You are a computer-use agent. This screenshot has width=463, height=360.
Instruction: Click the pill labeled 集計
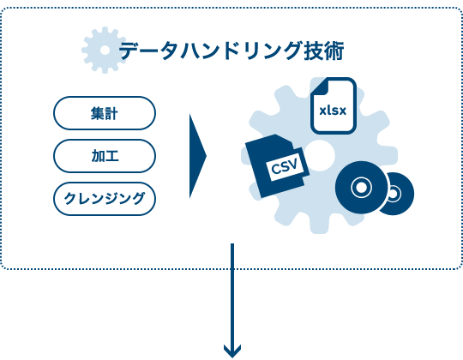click(105, 113)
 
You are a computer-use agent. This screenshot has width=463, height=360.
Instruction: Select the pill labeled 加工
click(105, 156)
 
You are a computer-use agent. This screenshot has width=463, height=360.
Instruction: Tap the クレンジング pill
click(105, 199)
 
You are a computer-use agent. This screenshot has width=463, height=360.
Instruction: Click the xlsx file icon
click(334, 105)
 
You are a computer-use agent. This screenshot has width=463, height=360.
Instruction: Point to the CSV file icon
click(277, 165)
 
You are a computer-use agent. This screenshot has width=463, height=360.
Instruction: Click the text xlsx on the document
click(333, 111)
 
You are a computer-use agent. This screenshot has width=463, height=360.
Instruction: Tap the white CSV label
click(284, 168)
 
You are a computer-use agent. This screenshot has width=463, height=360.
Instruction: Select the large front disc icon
click(361, 188)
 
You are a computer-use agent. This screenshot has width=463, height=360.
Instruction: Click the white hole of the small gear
click(105, 51)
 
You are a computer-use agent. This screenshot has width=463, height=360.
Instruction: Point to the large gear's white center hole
click(320, 155)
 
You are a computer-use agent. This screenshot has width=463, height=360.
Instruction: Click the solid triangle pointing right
click(197, 156)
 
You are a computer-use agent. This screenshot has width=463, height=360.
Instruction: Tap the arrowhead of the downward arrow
click(232, 351)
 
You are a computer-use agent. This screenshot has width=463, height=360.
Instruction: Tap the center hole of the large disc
click(361, 188)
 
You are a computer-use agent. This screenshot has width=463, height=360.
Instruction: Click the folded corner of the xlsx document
click(321, 87)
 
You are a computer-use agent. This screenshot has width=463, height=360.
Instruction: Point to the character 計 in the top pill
click(111, 113)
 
